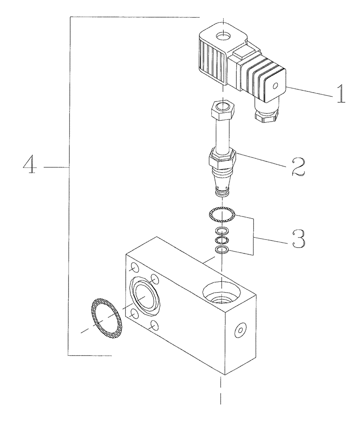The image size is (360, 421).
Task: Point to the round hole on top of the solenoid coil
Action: (222, 36)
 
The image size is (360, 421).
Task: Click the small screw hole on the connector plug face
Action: (275, 87)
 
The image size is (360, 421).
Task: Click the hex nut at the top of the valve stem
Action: (222, 111)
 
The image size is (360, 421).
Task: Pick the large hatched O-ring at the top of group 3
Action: (222, 215)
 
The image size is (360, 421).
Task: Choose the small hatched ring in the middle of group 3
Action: (222, 240)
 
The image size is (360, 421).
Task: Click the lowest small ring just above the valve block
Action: (222, 250)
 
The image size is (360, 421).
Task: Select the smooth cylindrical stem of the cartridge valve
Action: (222, 135)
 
